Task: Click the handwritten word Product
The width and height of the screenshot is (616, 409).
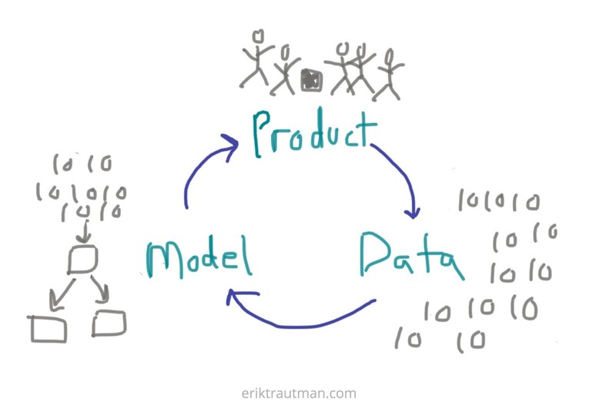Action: coord(314,133)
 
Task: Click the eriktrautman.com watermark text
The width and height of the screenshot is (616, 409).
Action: coord(299,394)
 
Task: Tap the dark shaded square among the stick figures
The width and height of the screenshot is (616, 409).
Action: coord(312,80)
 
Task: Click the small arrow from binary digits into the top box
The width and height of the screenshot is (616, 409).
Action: coord(85,232)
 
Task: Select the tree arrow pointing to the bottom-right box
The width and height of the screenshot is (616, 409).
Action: coord(101,289)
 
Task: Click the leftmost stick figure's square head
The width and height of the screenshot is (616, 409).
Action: coord(258,36)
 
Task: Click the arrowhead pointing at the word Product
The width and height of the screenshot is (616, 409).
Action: coord(231,146)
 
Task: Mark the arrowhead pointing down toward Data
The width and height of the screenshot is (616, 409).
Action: coord(413,213)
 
